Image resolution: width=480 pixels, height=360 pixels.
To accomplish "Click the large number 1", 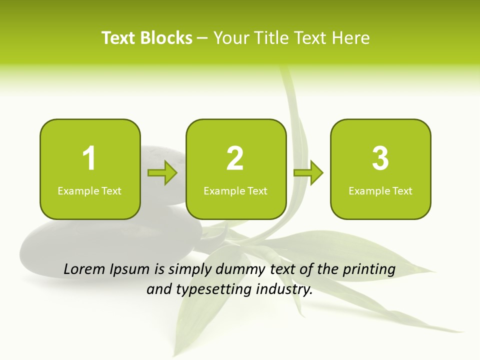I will [89, 158].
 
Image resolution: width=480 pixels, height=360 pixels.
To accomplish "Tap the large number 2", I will [235, 158].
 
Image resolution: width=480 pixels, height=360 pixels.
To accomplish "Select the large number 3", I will [380, 158].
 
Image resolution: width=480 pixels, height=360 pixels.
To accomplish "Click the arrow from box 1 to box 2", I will [163, 173].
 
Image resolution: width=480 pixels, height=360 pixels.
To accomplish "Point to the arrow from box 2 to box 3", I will [308, 173].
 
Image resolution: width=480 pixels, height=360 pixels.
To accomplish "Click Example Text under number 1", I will [89, 191].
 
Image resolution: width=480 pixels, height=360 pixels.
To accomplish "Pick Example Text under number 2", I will [235, 191].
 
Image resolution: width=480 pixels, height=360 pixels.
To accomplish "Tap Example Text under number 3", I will [380, 191].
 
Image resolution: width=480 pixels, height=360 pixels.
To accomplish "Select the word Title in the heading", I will [272, 38].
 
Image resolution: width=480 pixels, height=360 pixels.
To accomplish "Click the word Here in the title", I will [350, 38].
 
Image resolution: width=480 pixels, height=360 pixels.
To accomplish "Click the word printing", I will [369, 270].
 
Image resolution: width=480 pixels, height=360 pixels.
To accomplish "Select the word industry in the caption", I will [285, 289].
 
